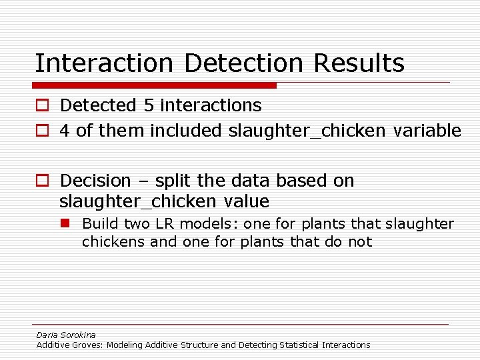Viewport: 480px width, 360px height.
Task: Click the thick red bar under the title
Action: point(155,85)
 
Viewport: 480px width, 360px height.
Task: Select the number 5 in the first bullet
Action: point(148,105)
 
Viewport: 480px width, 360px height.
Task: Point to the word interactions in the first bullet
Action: point(211,105)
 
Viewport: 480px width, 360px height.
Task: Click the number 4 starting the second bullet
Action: point(65,131)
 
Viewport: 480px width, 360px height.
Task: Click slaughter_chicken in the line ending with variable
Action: point(307,131)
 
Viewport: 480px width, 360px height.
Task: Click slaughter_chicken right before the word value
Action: point(137,201)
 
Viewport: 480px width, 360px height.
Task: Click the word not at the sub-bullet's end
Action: point(360,241)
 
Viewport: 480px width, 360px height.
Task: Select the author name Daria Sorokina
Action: point(66,335)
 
